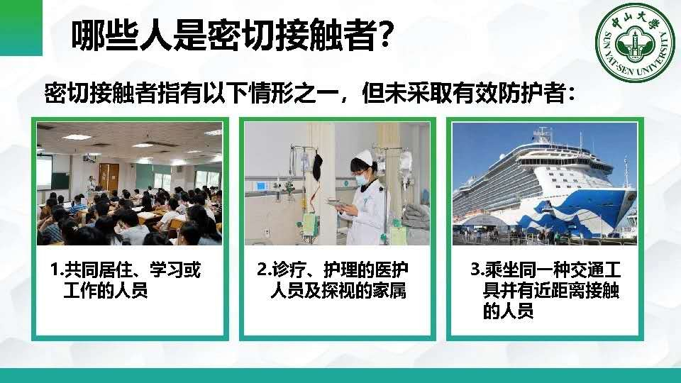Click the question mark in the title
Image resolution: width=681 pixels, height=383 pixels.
pyautogui.click(x=384, y=35)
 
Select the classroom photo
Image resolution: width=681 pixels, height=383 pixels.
pyautogui.click(x=129, y=184)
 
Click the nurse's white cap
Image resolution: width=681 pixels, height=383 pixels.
pyautogui.click(x=361, y=156)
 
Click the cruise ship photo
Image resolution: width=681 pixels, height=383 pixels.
pyautogui.click(x=545, y=184)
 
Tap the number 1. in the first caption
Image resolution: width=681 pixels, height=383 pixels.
pyautogui.click(x=57, y=270)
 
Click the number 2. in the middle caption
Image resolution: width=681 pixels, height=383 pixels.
pyautogui.click(x=264, y=270)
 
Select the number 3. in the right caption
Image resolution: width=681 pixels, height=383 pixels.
pyautogui.click(x=477, y=270)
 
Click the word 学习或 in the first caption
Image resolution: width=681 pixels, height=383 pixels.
pyautogui.click(x=175, y=270)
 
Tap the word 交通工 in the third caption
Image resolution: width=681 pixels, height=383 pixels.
pyautogui.click(x=595, y=270)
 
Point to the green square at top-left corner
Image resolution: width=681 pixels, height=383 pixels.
pyautogui.click(x=21, y=28)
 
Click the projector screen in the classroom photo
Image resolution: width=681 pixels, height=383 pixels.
pyautogui.click(x=44, y=172)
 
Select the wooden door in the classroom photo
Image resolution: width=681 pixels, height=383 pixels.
pyautogui.click(x=109, y=177)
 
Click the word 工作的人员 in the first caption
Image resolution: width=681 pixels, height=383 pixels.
pyautogui.click(x=106, y=291)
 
